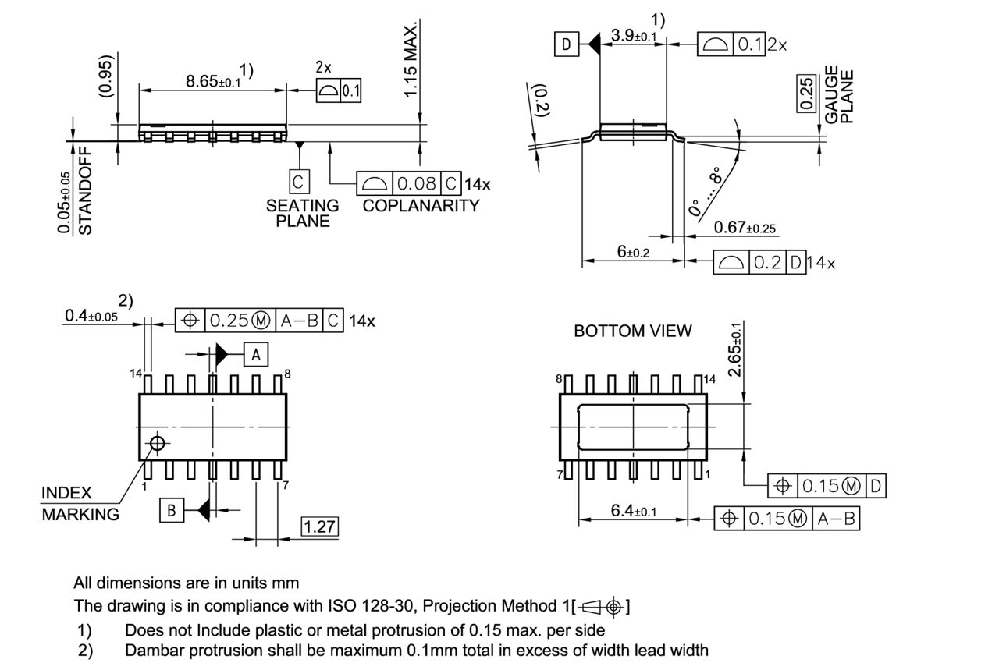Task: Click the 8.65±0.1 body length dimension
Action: [x=213, y=80]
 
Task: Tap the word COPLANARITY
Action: [x=421, y=206]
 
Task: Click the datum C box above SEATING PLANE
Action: [x=298, y=183]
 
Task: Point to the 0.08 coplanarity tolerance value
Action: [x=416, y=185]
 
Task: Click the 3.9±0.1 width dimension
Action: [x=633, y=36]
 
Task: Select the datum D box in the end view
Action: [x=567, y=44]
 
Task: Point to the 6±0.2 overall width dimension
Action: [x=633, y=252]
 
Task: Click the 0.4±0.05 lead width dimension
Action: [x=91, y=316]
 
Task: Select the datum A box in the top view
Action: [x=257, y=355]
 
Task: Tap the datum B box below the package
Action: [x=172, y=511]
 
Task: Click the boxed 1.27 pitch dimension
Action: [x=319, y=526]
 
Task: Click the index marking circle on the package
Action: [x=158, y=443]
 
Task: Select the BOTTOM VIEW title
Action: [x=632, y=331]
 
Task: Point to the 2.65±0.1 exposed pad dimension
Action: [x=735, y=349]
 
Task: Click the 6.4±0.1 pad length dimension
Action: [x=632, y=512]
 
